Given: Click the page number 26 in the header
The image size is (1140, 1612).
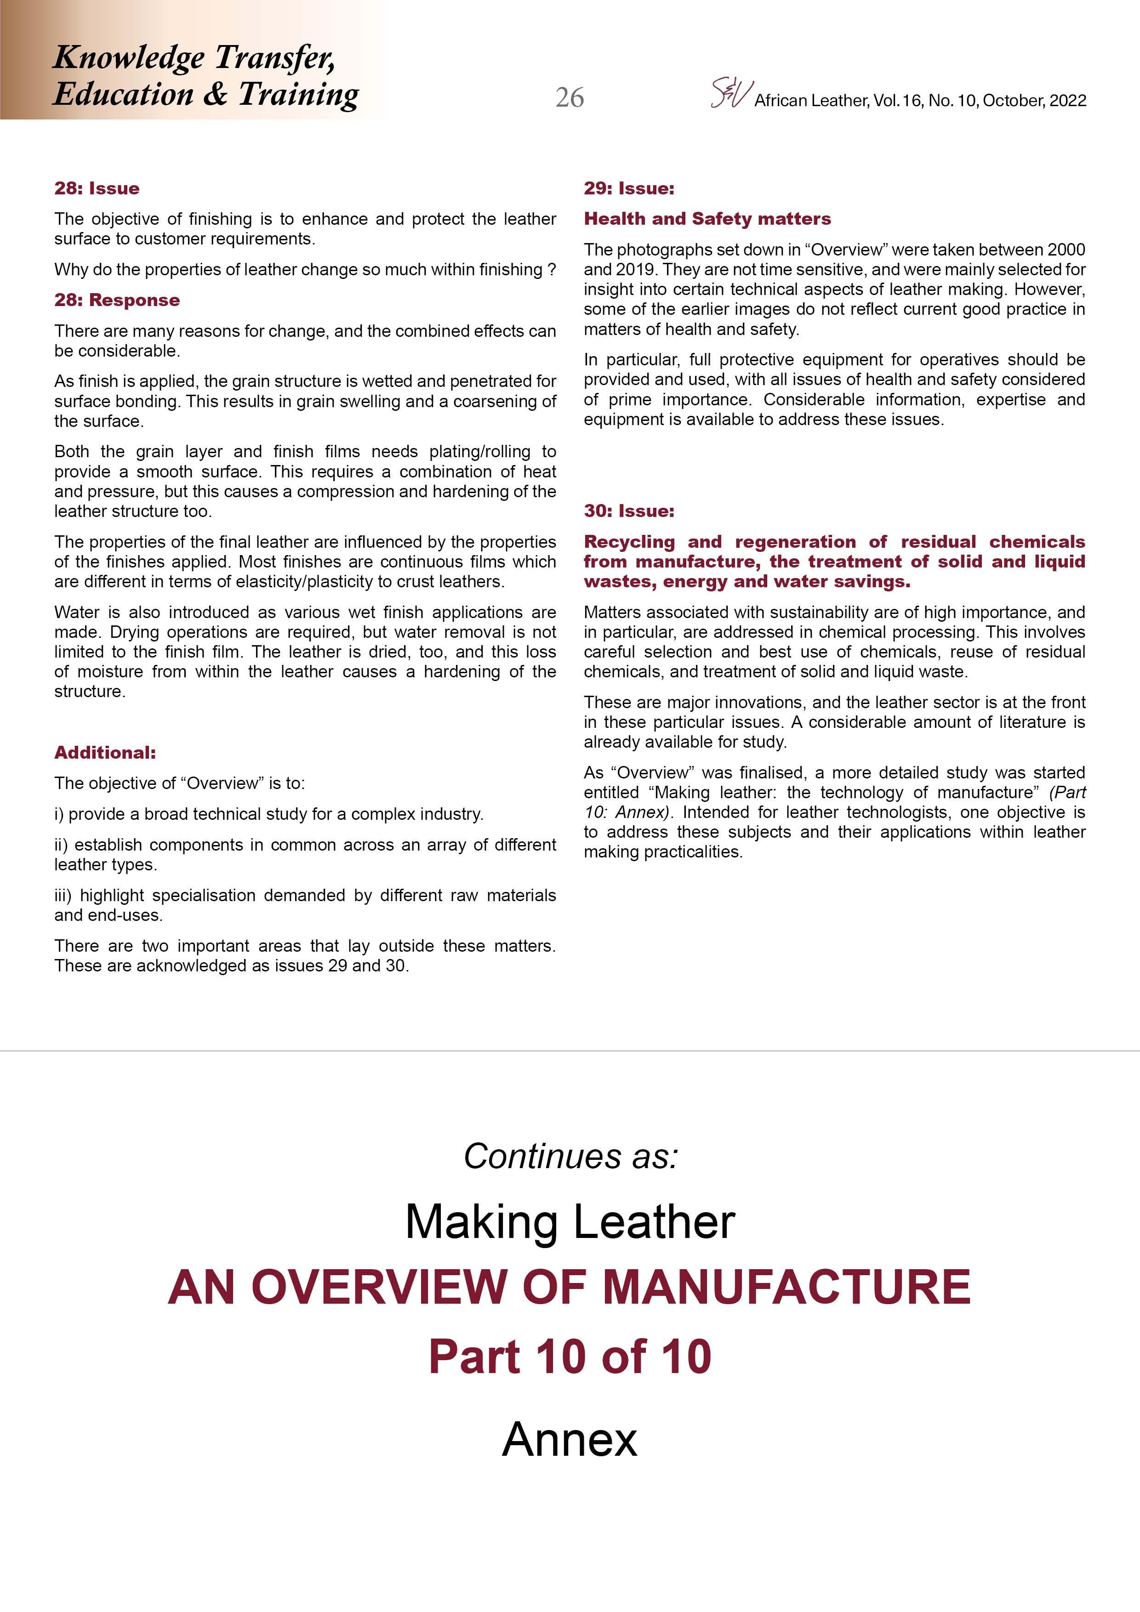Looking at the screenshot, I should [569, 97].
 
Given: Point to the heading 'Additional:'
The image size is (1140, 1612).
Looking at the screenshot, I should [105, 753].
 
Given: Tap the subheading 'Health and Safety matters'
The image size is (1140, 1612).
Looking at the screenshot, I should [707, 219].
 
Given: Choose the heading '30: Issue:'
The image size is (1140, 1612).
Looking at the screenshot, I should [629, 511].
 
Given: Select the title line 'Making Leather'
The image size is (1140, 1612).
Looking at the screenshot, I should [570, 1222].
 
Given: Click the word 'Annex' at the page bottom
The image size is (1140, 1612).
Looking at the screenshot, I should [570, 1439].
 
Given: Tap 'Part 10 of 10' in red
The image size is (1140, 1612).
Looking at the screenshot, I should [570, 1357].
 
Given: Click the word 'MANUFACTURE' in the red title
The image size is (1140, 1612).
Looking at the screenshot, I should [786, 1288].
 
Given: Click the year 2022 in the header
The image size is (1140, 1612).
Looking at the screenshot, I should [1068, 100].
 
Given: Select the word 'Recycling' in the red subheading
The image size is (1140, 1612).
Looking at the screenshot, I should [629, 542].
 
